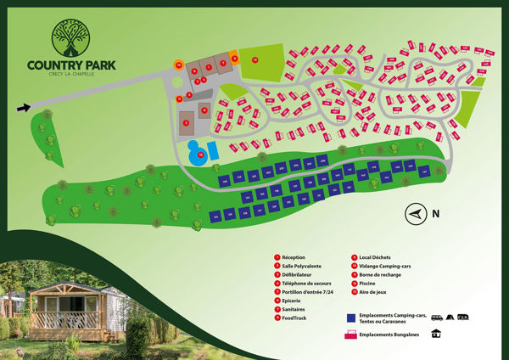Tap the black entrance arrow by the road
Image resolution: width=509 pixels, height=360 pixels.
click(24, 107)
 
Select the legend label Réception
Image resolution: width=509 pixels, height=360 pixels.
click(294, 257)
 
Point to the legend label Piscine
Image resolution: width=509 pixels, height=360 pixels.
click(369, 283)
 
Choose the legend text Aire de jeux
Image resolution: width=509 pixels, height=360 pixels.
click(373, 291)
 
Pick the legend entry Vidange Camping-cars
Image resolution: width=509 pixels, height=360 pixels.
click(387, 266)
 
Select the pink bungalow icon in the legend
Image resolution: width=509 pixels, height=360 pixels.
click(350, 333)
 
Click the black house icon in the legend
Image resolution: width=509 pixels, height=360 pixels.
click(436, 333)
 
